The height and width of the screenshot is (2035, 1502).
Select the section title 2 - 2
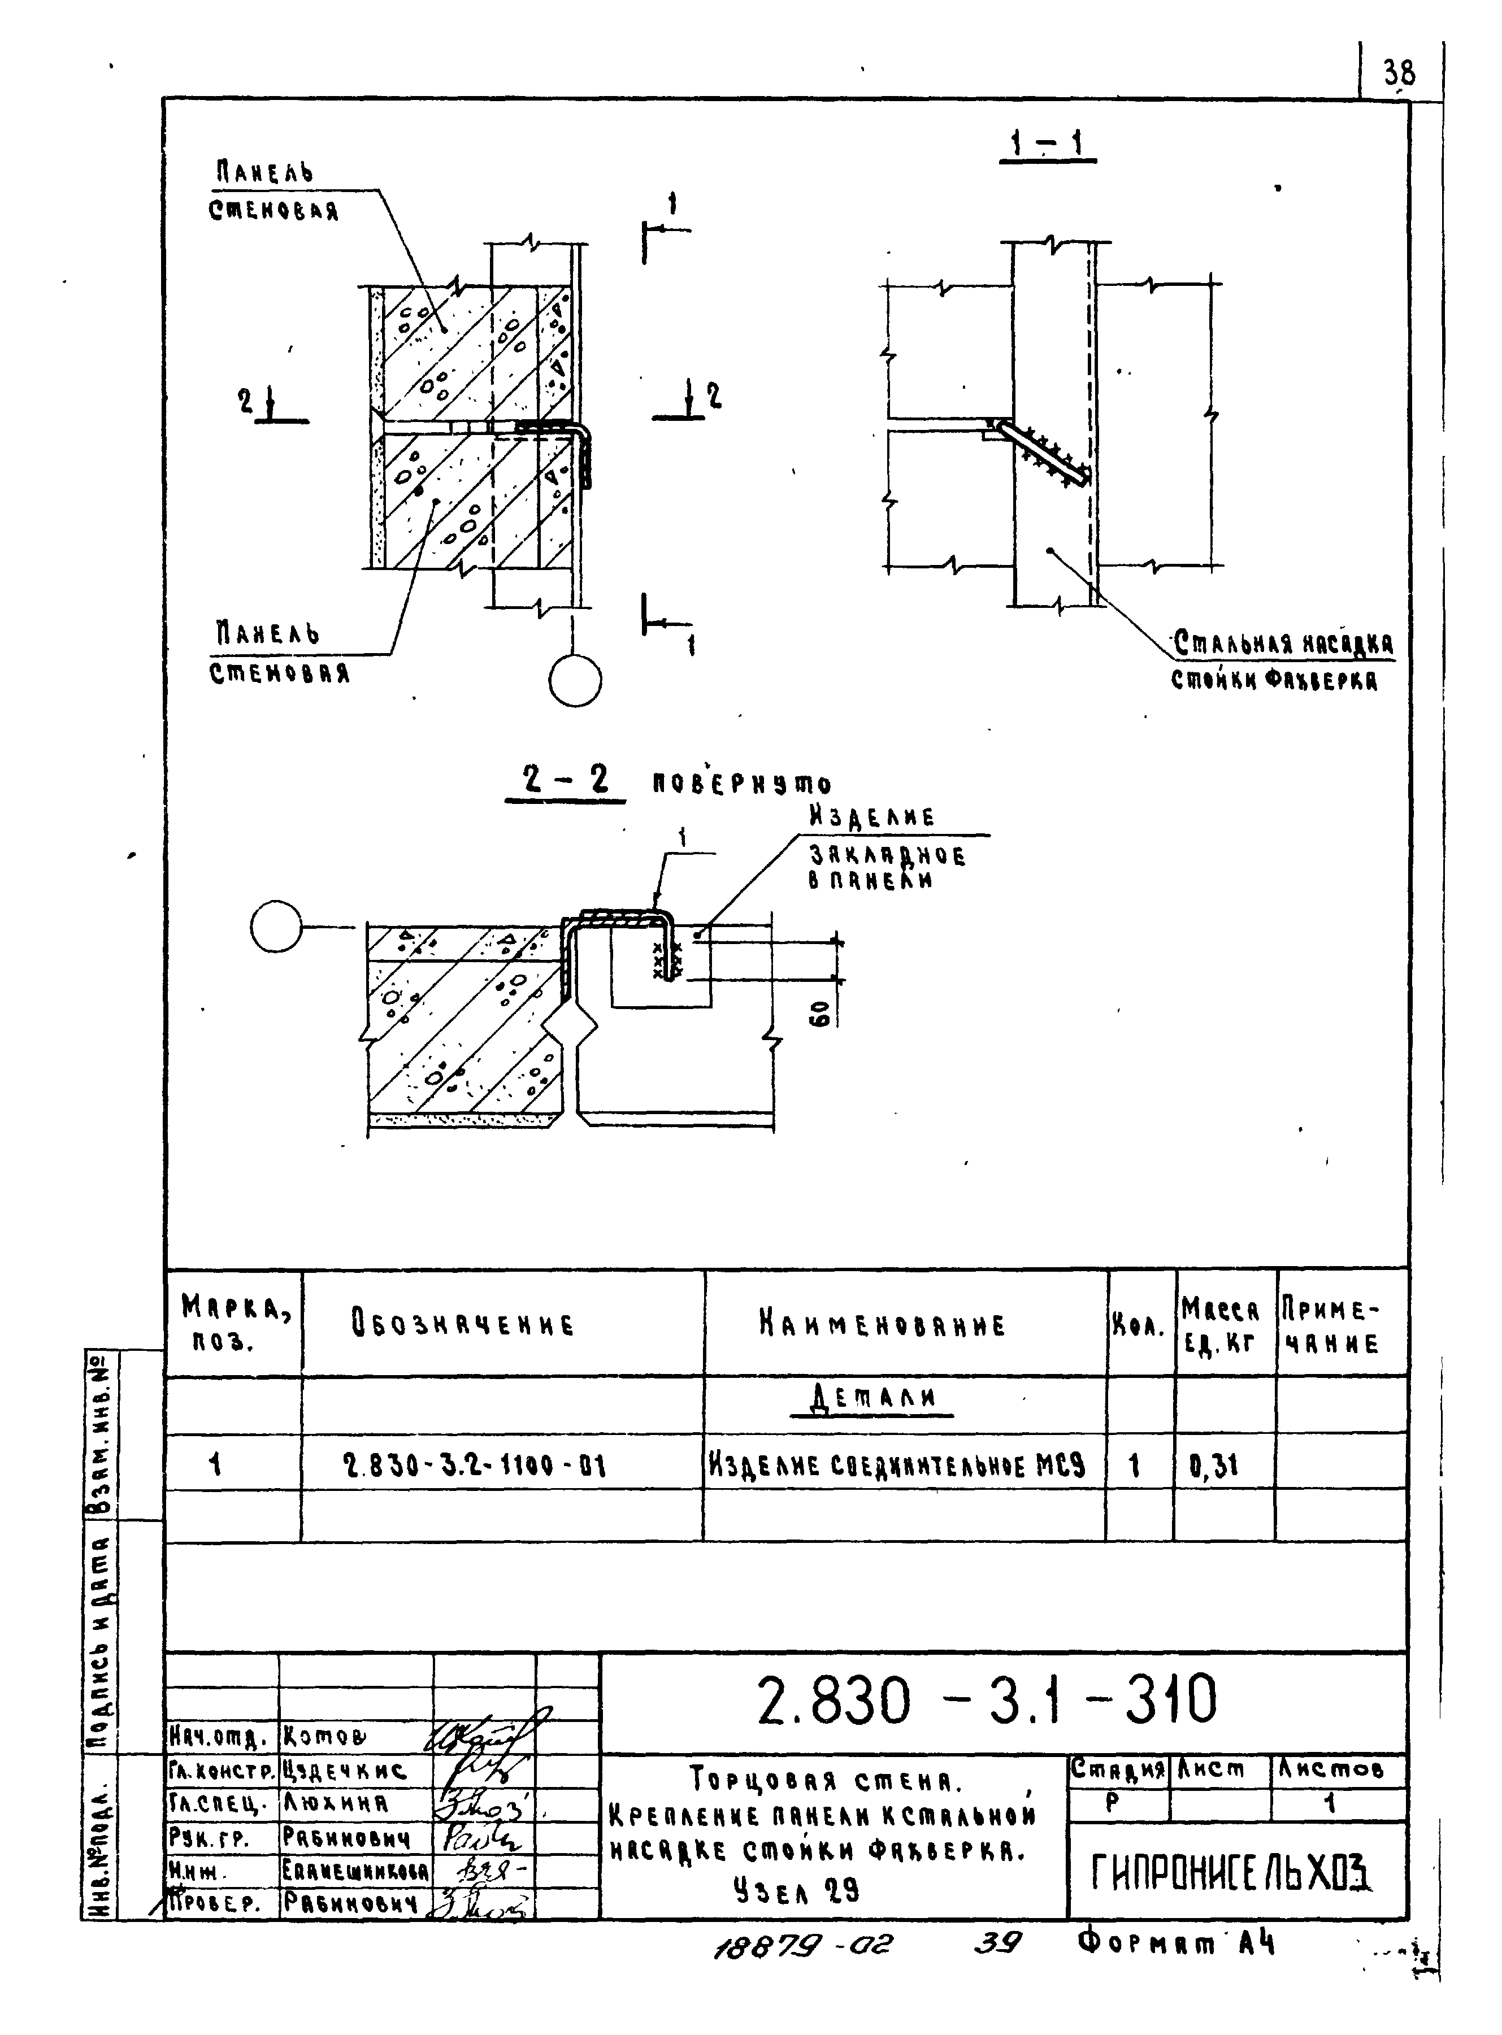click(566, 779)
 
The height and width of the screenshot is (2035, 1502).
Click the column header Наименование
click(883, 1325)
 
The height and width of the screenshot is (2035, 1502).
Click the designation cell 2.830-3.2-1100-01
click(475, 1465)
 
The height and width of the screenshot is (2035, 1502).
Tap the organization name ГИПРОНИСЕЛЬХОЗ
click(1232, 1871)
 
